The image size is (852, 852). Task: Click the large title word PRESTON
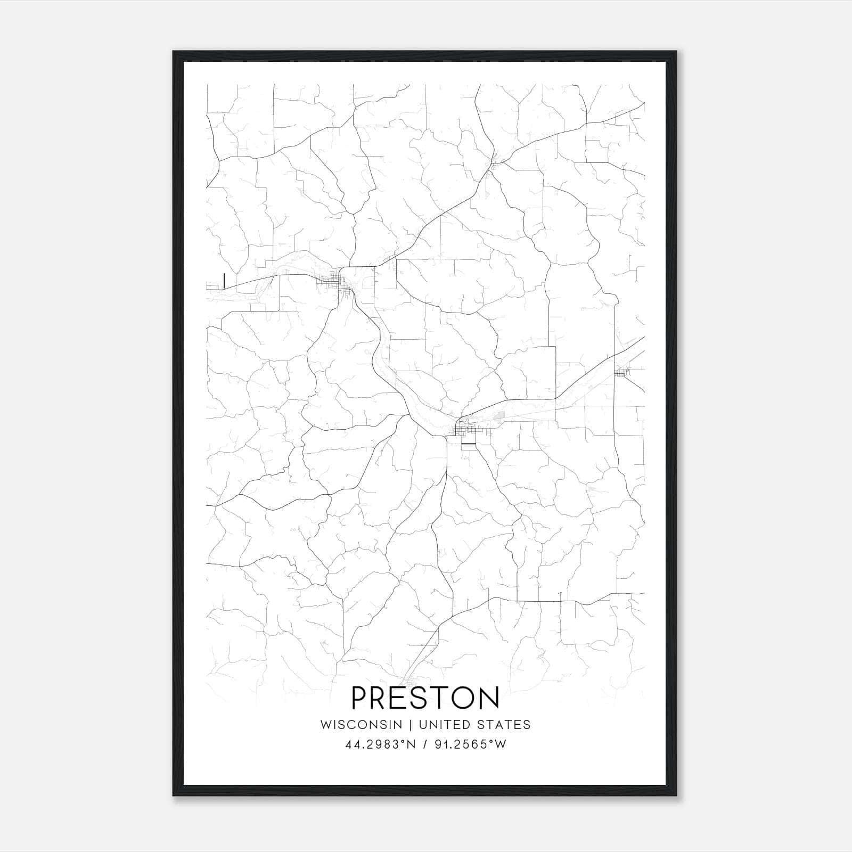[425, 698]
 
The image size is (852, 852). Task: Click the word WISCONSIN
[361, 725]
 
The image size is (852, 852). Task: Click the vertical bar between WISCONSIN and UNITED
[411, 725]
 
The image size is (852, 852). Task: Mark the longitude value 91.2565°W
[470, 744]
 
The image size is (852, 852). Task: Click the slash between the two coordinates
[424, 744]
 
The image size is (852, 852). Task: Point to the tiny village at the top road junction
[494, 166]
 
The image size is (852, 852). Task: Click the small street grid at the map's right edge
[621, 373]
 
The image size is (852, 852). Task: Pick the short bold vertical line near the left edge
[224, 280]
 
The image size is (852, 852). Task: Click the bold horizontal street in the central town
[468, 444]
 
